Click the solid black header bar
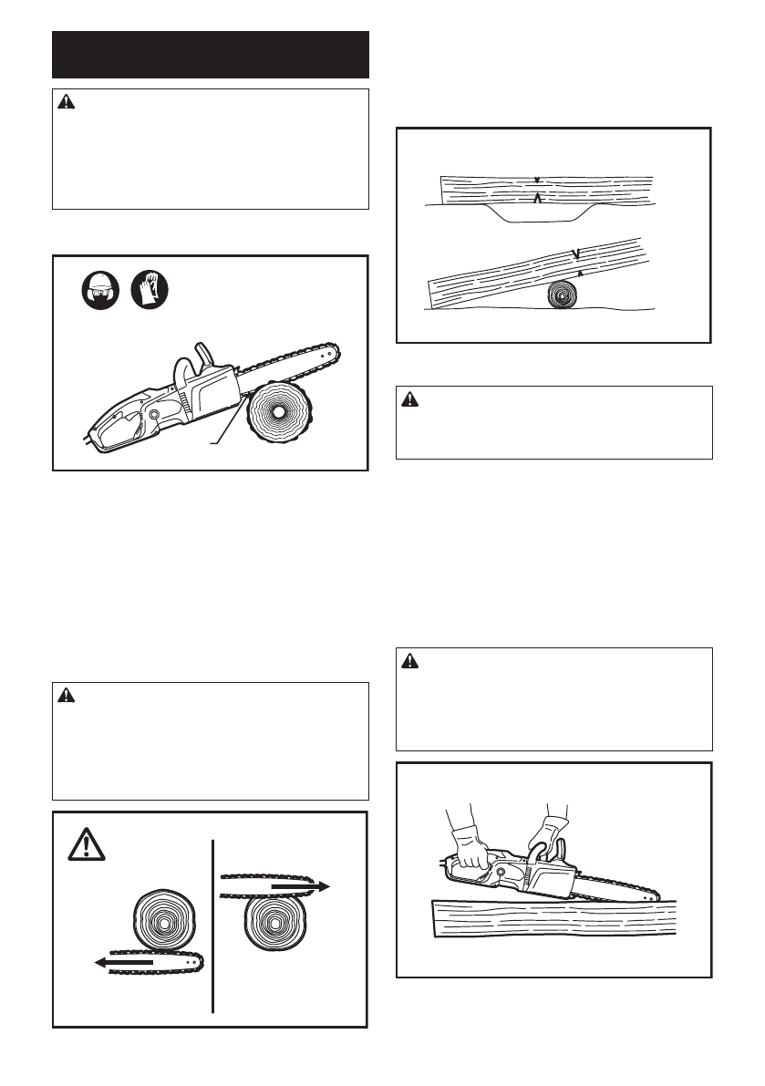(211, 56)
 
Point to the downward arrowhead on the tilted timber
(574, 253)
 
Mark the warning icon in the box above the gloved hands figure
(411, 663)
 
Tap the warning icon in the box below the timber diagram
(411, 399)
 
